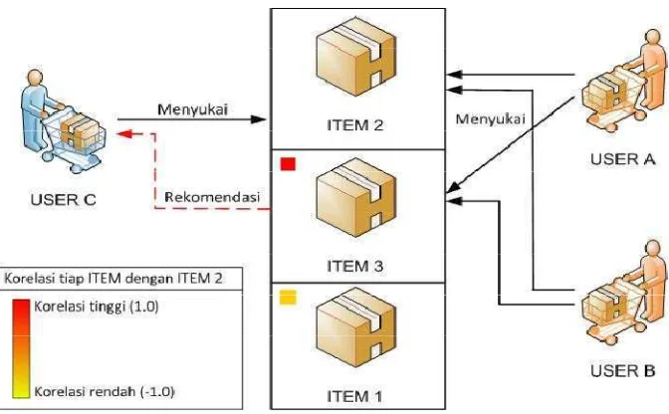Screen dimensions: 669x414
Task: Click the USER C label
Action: point(63,200)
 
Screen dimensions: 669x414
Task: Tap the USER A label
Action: point(622,159)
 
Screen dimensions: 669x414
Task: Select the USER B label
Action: point(622,370)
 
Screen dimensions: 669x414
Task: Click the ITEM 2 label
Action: point(355,125)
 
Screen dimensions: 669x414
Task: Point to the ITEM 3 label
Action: point(355,266)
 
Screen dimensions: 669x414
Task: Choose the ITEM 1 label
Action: point(354,396)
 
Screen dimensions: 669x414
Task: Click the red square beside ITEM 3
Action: point(288,164)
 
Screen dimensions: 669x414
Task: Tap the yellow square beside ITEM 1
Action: point(288,298)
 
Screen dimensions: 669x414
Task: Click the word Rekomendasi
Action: point(212,197)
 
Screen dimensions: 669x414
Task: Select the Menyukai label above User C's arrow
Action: point(193,109)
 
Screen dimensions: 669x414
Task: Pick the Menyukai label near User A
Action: point(490,119)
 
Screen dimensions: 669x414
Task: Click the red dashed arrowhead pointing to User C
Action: point(124,134)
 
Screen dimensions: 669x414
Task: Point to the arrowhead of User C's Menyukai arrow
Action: point(258,119)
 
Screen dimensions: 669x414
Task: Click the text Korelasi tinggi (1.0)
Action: point(96,307)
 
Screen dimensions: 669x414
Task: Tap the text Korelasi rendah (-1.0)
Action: point(105,391)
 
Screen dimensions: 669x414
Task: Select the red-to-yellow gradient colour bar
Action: point(21,348)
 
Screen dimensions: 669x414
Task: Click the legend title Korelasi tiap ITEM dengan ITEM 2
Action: point(113,279)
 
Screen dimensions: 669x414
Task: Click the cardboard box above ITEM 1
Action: point(356,327)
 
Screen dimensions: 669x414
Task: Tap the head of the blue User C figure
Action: point(35,78)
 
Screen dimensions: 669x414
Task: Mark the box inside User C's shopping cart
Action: point(81,130)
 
